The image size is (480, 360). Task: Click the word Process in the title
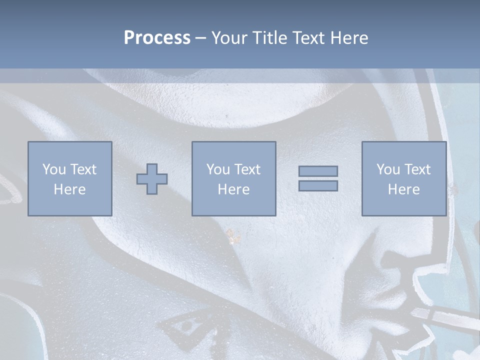pyautogui.click(x=157, y=38)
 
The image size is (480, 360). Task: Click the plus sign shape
pyautogui.click(x=152, y=179)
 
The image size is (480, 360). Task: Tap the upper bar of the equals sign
pyautogui.click(x=318, y=171)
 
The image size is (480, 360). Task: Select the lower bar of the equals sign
pyautogui.click(x=318, y=185)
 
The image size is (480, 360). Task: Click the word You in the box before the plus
pyautogui.click(x=54, y=169)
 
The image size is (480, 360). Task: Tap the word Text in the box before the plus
pyautogui.click(x=83, y=169)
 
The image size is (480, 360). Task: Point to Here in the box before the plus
pyautogui.click(x=69, y=189)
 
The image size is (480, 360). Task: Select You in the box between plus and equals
pyautogui.click(x=218, y=169)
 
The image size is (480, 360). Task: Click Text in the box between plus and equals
pyautogui.click(x=247, y=169)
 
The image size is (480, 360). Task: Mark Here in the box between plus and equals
pyautogui.click(x=233, y=189)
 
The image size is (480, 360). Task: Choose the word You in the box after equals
pyautogui.click(x=388, y=169)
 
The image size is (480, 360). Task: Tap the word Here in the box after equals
pyautogui.click(x=403, y=189)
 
